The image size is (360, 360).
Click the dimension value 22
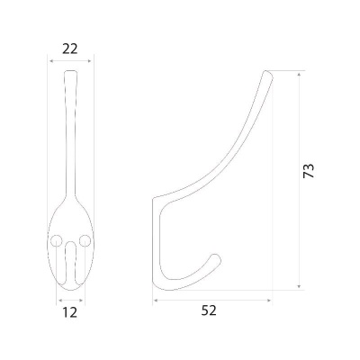[70, 49]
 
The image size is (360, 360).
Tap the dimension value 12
[70, 312]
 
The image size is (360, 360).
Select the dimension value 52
[209, 310]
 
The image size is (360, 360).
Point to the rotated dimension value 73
[309, 171]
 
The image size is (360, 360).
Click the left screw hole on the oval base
[56, 241]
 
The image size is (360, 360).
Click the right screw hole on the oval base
[85, 240]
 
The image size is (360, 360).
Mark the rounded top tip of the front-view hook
[71, 71]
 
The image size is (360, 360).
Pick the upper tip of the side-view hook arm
[267, 72]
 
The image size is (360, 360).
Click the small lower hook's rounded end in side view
[217, 257]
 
